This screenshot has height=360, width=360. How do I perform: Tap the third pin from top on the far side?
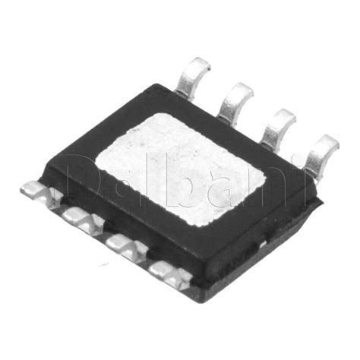(279, 128)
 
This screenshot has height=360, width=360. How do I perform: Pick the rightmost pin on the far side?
(321, 154)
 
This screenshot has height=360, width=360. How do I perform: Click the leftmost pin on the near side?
(40, 193)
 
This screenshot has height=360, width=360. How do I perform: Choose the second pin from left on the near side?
(82, 219)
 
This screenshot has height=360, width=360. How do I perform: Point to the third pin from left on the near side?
(126, 245)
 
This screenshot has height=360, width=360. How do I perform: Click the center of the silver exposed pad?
(180, 169)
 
